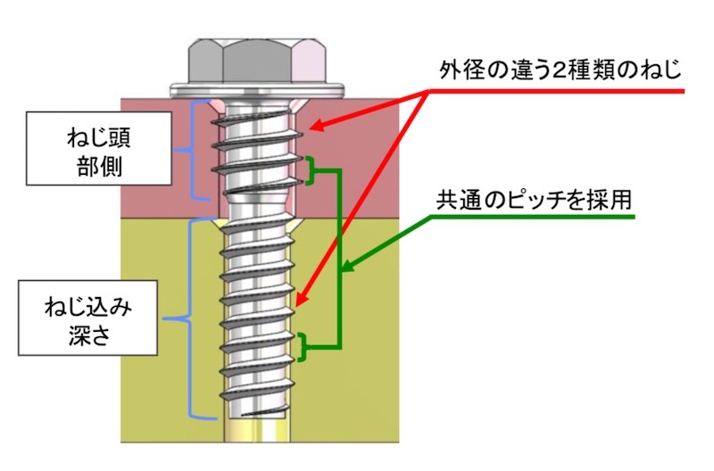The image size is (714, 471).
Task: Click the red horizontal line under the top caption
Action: pyautogui.click(x=571, y=91)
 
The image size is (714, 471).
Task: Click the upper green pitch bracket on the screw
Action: pyautogui.click(x=310, y=170)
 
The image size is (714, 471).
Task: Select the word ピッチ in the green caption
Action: pyautogui.click(x=533, y=199)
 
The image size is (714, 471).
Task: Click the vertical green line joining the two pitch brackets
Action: pyautogui.click(x=340, y=259)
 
